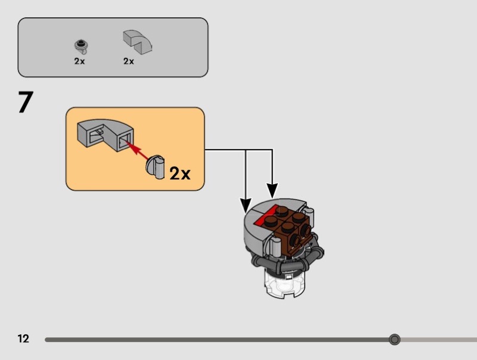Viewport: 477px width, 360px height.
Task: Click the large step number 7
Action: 24,103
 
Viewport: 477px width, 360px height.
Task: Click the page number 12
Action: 23,339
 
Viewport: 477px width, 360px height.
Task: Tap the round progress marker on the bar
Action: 394,340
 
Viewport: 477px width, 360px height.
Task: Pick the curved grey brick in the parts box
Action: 137,42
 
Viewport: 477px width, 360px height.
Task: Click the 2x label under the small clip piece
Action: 79,61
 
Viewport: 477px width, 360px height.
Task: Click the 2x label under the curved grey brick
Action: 129,61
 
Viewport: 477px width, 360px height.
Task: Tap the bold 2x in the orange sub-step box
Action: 179,173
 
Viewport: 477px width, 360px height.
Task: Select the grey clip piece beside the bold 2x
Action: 156,167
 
